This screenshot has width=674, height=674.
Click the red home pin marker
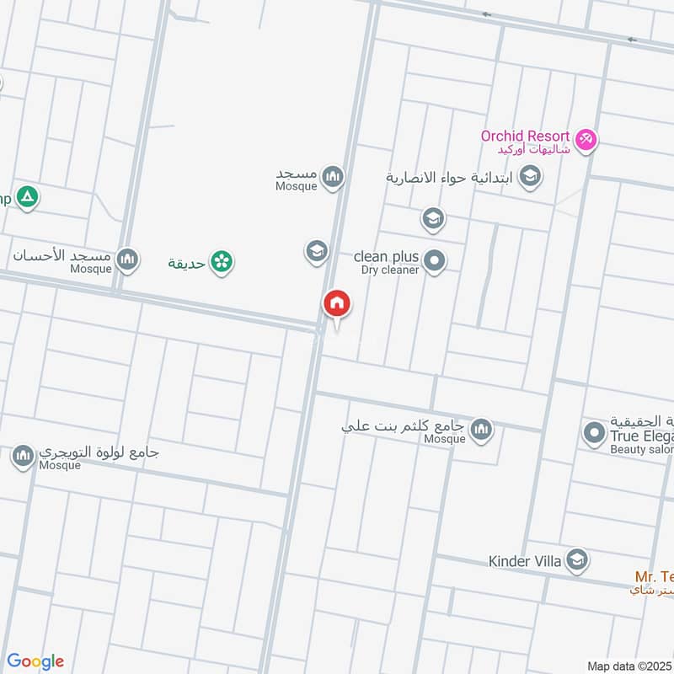pyautogui.click(x=336, y=303)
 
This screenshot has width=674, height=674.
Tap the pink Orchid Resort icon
pyautogui.click(x=586, y=137)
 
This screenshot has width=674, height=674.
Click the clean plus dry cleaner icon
pyautogui.click(x=435, y=260)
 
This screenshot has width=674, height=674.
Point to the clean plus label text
pyautogui.click(x=382, y=256)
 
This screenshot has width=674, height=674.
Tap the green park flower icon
pyautogui.click(x=222, y=262)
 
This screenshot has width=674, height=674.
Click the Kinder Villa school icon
pyautogui.click(x=577, y=560)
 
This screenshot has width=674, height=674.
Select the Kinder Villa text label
pyautogui.click(x=527, y=560)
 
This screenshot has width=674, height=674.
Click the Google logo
pyautogui.click(x=35, y=661)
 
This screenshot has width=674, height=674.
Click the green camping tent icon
pyautogui.click(x=28, y=198)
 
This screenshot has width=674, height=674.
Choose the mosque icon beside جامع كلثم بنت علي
pyautogui.click(x=481, y=431)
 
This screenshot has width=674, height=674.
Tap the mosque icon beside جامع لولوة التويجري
pyautogui.click(x=23, y=457)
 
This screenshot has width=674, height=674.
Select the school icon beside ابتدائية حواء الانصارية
pyautogui.click(x=530, y=176)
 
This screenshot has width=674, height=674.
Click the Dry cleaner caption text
pyautogui.click(x=390, y=270)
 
